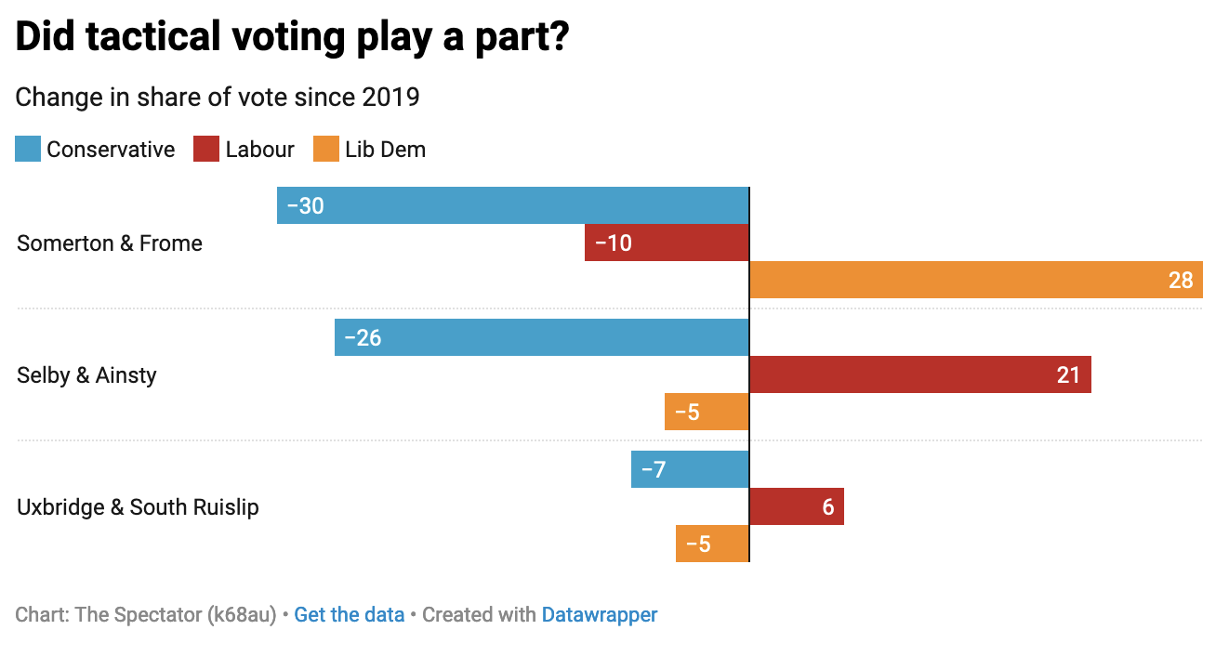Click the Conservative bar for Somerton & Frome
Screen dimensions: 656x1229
pos(512,205)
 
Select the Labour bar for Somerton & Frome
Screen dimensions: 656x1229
pos(667,243)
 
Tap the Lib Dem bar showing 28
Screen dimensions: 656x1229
pos(975,280)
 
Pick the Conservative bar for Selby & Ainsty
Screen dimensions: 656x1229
pos(541,337)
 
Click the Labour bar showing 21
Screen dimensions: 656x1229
pos(919,374)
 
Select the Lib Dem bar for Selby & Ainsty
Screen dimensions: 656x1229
pos(707,412)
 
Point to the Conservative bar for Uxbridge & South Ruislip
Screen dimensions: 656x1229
pos(690,469)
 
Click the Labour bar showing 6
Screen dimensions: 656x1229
pos(796,506)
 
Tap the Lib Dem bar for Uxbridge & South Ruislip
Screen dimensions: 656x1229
pos(712,544)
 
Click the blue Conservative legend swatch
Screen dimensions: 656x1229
pos(28,150)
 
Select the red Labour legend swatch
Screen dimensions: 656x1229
pos(206,150)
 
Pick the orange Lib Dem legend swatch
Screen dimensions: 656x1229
pos(326,150)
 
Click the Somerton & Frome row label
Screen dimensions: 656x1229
pos(110,243)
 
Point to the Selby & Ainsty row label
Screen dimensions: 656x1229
pos(86,375)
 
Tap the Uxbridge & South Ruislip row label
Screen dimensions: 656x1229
pos(138,507)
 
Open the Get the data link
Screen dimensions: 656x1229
pos(349,614)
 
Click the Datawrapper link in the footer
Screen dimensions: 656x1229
pos(599,614)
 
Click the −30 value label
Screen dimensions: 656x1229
pos(306,205)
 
